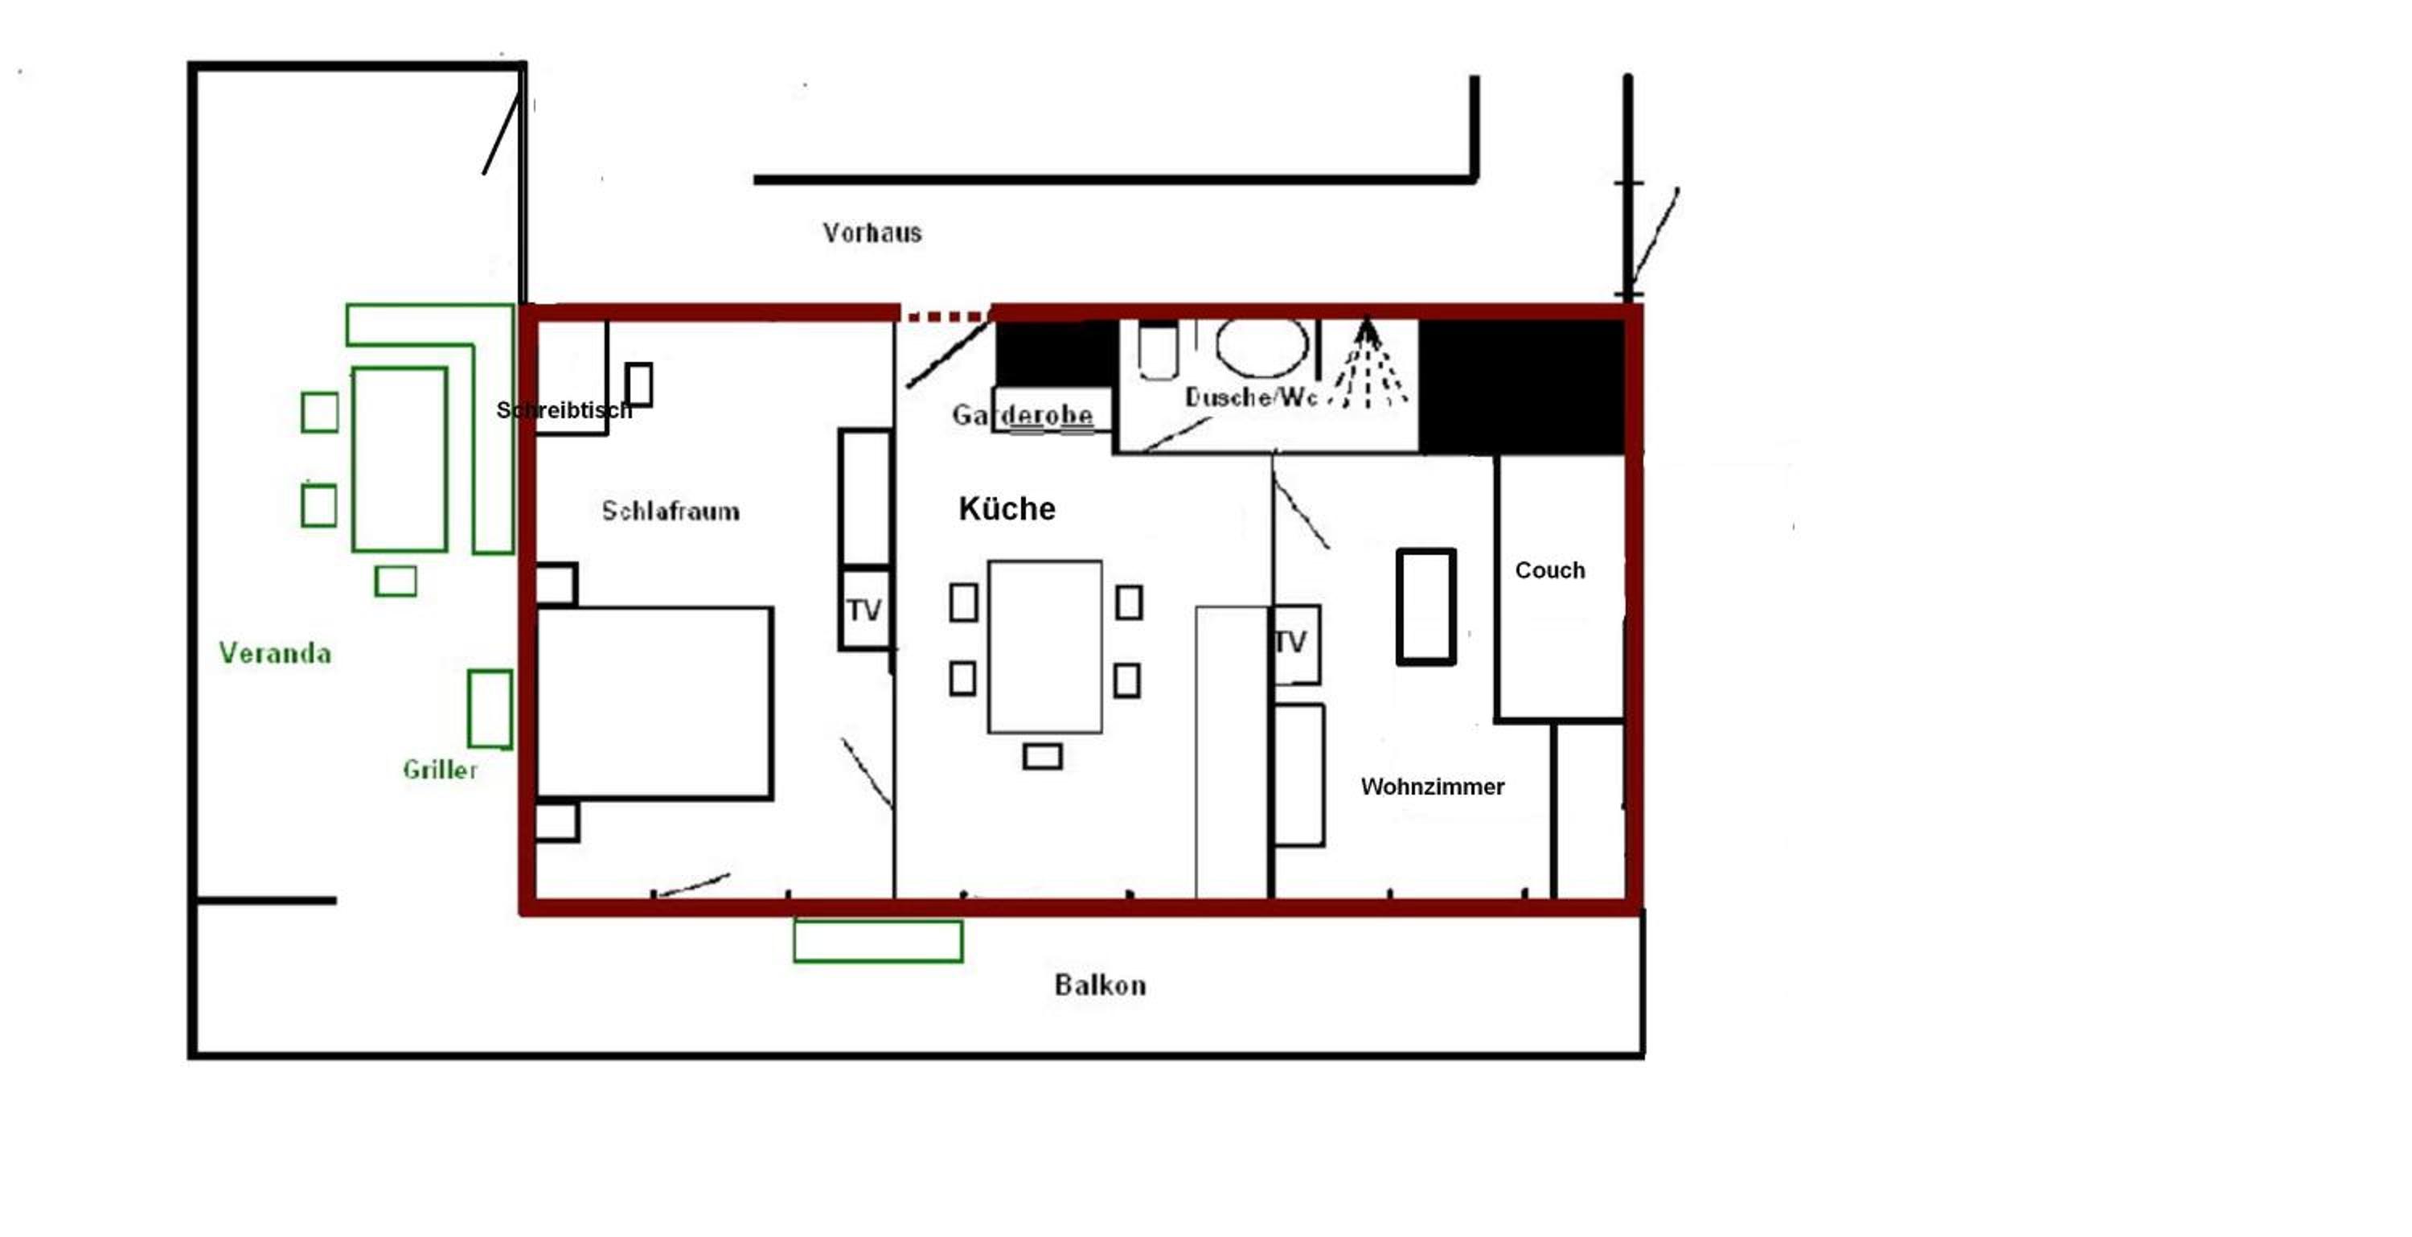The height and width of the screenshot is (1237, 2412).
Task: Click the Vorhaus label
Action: tap(872, 232)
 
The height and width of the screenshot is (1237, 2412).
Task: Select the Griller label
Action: tap(440, 770)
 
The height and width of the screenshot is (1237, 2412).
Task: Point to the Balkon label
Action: tap(1100, 984)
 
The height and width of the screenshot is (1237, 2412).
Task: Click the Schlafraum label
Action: tap(671, 511)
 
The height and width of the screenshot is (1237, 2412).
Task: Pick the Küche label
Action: tap(1007, 508)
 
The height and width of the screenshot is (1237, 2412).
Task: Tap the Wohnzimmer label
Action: tap(1433, 787)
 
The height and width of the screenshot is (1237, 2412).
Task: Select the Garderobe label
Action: tap(1023, 415)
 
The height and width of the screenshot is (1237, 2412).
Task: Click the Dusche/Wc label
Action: tap(1251, 397)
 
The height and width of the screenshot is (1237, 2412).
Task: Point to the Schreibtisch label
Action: tap(564, 410)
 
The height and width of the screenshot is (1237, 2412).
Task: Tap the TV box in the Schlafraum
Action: tap(865, 609)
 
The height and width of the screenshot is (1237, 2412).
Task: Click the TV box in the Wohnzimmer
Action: tap(1296, 644)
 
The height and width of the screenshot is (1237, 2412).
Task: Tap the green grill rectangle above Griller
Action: tap(490, 709)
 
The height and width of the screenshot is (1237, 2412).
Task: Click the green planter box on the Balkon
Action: tap(878, 941)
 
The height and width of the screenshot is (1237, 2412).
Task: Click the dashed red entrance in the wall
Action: tap(946, 318)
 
